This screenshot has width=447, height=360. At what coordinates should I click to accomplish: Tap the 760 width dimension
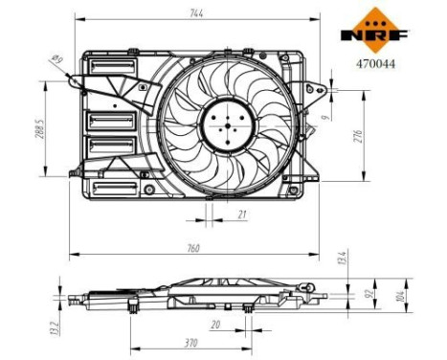[193, 248]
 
